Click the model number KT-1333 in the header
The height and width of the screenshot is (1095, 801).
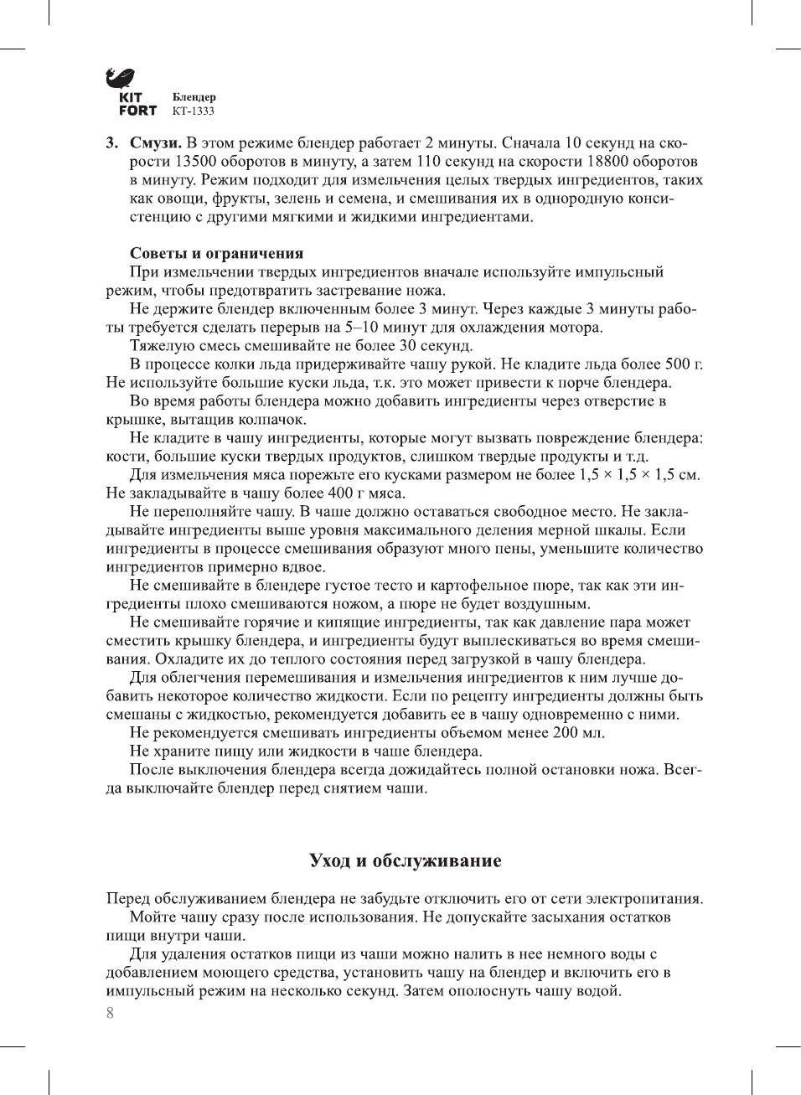click(193, 111)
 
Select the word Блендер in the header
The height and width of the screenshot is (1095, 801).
click(194, 97)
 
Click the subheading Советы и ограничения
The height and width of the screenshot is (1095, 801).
click(216, 253)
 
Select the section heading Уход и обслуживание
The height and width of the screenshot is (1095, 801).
click(405, 860)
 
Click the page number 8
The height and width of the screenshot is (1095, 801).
click(110, 1013)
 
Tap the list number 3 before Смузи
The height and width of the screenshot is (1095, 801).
click(111, 143)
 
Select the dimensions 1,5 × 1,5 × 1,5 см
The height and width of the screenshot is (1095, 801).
click(638, 475)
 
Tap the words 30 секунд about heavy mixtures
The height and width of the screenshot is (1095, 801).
click(436, 346)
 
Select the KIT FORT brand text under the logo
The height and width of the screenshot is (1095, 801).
click(137, 104)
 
